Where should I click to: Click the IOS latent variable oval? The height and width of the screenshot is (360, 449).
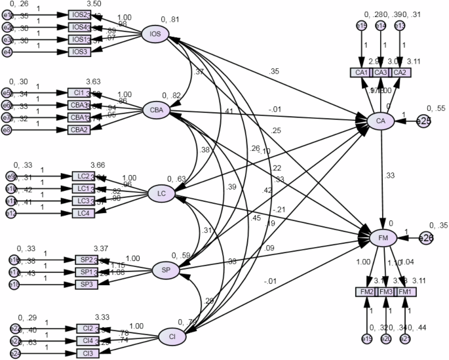[155, 34]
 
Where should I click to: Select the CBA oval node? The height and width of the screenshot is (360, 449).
[157, 110]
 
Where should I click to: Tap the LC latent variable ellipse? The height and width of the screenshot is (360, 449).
[161, 193]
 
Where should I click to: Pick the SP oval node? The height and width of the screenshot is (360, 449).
[165, 270]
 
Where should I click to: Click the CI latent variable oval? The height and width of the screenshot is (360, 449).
[172, 337]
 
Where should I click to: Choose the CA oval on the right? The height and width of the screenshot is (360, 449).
[380, 121]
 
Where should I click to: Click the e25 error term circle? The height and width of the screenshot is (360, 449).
[424, 121]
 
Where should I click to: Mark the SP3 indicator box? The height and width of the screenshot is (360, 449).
[87, 284]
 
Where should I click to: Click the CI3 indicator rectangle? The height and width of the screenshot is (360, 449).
[88, 353]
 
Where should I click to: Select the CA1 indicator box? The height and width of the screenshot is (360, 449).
[361, 72]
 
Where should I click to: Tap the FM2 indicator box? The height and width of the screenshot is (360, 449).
[365, 291]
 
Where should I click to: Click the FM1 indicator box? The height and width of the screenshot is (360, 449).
[406, 291]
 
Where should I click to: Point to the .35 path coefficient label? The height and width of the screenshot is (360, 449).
[273, 71]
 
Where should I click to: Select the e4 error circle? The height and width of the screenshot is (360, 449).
[6, 51]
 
